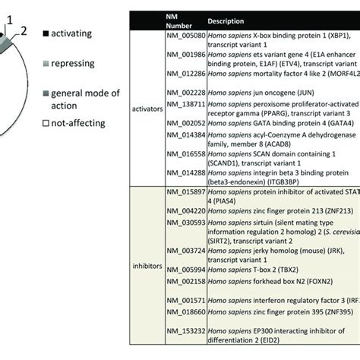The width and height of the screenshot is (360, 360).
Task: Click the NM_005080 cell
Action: (186, 35)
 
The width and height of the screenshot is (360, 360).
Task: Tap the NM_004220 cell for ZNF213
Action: (186, 212)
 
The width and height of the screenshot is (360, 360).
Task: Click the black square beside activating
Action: (46, 34)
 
